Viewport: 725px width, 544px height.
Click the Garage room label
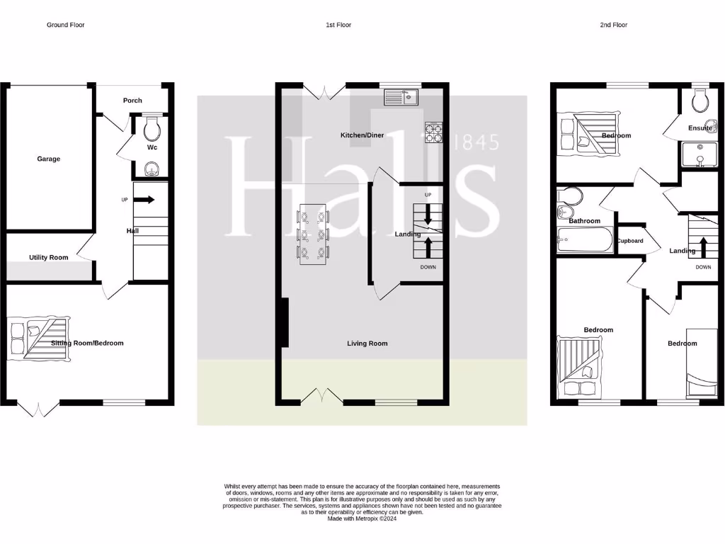[48, 159]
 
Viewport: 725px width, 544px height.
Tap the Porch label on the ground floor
[132, 101]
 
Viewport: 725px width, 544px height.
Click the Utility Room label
[48, 257]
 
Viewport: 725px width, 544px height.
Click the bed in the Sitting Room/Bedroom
[38, 336]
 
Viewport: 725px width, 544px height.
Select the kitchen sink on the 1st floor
[401, 96]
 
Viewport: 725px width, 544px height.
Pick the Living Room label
[367, 344]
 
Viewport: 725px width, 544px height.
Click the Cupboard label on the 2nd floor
[629, 241]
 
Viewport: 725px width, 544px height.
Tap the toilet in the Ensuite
[700, 102]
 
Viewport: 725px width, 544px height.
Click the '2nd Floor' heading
[613, 25]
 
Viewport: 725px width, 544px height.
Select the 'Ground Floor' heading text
[67, 25]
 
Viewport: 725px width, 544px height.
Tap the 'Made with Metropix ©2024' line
[362, 519]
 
